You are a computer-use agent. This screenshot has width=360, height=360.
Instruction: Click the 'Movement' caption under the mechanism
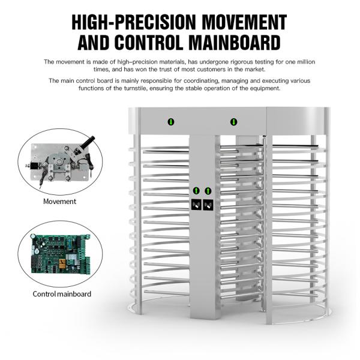coord(59,202)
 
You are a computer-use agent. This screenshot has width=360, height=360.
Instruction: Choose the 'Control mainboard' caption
coord(62,294)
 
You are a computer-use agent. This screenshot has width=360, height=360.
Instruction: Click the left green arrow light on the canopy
coord(171,122)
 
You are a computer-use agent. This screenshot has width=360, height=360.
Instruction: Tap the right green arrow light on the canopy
coord(233,122)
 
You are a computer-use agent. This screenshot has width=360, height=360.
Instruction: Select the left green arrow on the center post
coord(196,191)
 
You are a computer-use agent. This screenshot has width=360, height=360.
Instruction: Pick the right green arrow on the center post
coord(208,191)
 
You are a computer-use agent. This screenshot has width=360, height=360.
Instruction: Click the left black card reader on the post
coord(196,205)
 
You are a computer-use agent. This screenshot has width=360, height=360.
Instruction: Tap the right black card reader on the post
coord(208,205)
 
